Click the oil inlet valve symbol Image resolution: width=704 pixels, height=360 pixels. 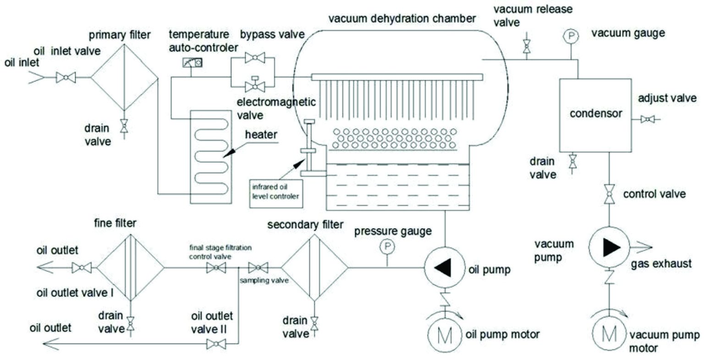click(66, 78)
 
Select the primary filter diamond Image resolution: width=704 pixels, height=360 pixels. click(124, 78)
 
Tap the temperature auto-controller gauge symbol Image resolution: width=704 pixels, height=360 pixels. click(192, 62)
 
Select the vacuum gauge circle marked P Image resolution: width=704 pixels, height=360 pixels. click(572, 36)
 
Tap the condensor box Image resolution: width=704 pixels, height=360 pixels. click(595, 114)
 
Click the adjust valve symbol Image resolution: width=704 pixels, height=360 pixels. click(647, 120)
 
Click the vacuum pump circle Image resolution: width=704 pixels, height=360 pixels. click(609, 248)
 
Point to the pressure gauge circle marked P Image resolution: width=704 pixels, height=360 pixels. click(387, 247)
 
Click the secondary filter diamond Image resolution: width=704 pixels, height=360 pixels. click(314, 267)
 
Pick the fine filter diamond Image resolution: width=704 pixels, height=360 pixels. click(131, 267)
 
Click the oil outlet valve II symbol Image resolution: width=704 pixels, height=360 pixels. click(215, 343)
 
